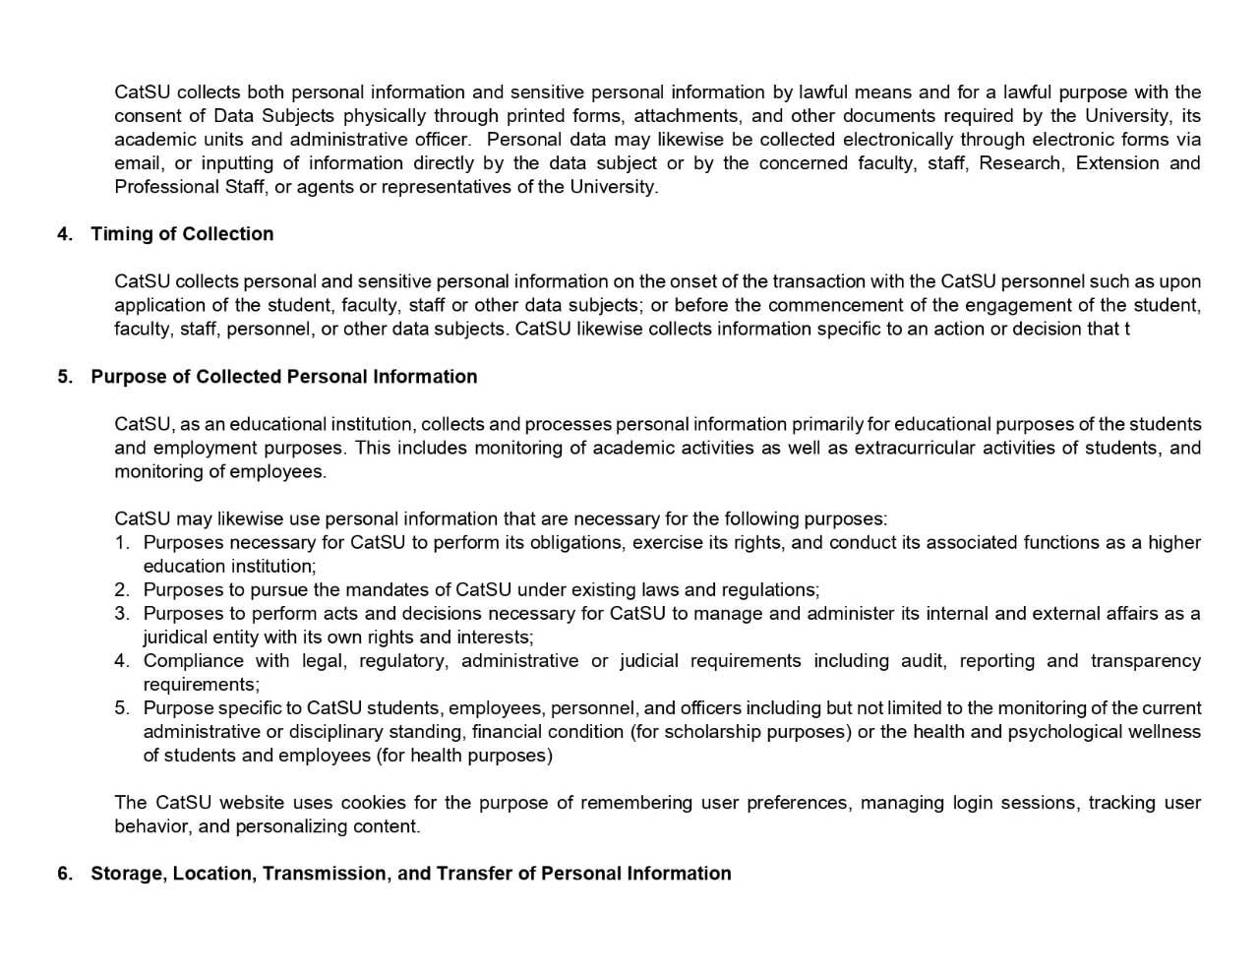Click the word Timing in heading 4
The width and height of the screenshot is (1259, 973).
pyautogui.click(x=117, y=234)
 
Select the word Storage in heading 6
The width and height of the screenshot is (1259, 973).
pyautogui.click(x=127, y=874)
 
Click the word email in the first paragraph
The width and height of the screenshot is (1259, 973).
pyautogui.click(x=138, y=163)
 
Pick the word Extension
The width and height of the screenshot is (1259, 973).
pyautogui.click(x=1116, y=163)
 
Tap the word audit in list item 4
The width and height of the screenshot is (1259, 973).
pyautogui.click(x=923, y=661)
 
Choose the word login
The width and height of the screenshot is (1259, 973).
pyautogui.click(x=971, y=803)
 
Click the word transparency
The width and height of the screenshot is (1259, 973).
pyautogui.click(x=1145, y=661)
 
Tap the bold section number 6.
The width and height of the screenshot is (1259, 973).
pyautogui.click(x=64, y=874)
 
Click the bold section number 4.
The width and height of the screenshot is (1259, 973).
pyautogui.click(x=64, y=234)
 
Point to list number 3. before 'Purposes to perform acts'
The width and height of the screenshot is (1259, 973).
pyautogui.click(x=122, y=614)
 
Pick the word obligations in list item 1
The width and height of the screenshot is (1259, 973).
pyautogui.click(x=575, y=543)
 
